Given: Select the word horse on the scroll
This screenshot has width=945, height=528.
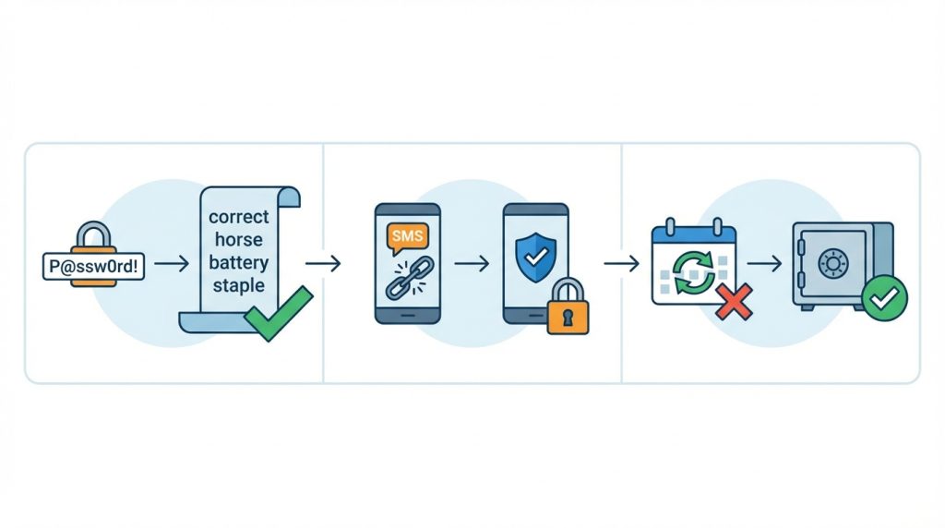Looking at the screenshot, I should [x=239, y=240].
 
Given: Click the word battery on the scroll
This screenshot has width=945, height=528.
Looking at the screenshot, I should [x=239, y=263].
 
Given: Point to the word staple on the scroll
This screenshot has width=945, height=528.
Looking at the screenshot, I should [x=239, y=285].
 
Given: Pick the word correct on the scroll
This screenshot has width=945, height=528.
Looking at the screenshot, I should [x=239, y=218].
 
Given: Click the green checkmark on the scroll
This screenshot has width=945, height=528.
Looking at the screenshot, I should [x=278, y=315].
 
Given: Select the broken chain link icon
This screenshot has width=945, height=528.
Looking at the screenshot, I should [x=407, y=280].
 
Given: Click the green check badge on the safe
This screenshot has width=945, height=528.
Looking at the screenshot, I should [x=884, y=298].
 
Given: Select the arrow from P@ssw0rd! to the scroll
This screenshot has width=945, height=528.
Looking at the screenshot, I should [x=171, y=264].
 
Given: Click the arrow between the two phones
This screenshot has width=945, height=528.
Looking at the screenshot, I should [x=472, y=264].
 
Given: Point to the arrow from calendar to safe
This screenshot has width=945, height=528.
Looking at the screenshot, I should [x=764, y=264].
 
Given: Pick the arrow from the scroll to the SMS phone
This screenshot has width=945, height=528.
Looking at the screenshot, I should [x=322, y=264].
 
